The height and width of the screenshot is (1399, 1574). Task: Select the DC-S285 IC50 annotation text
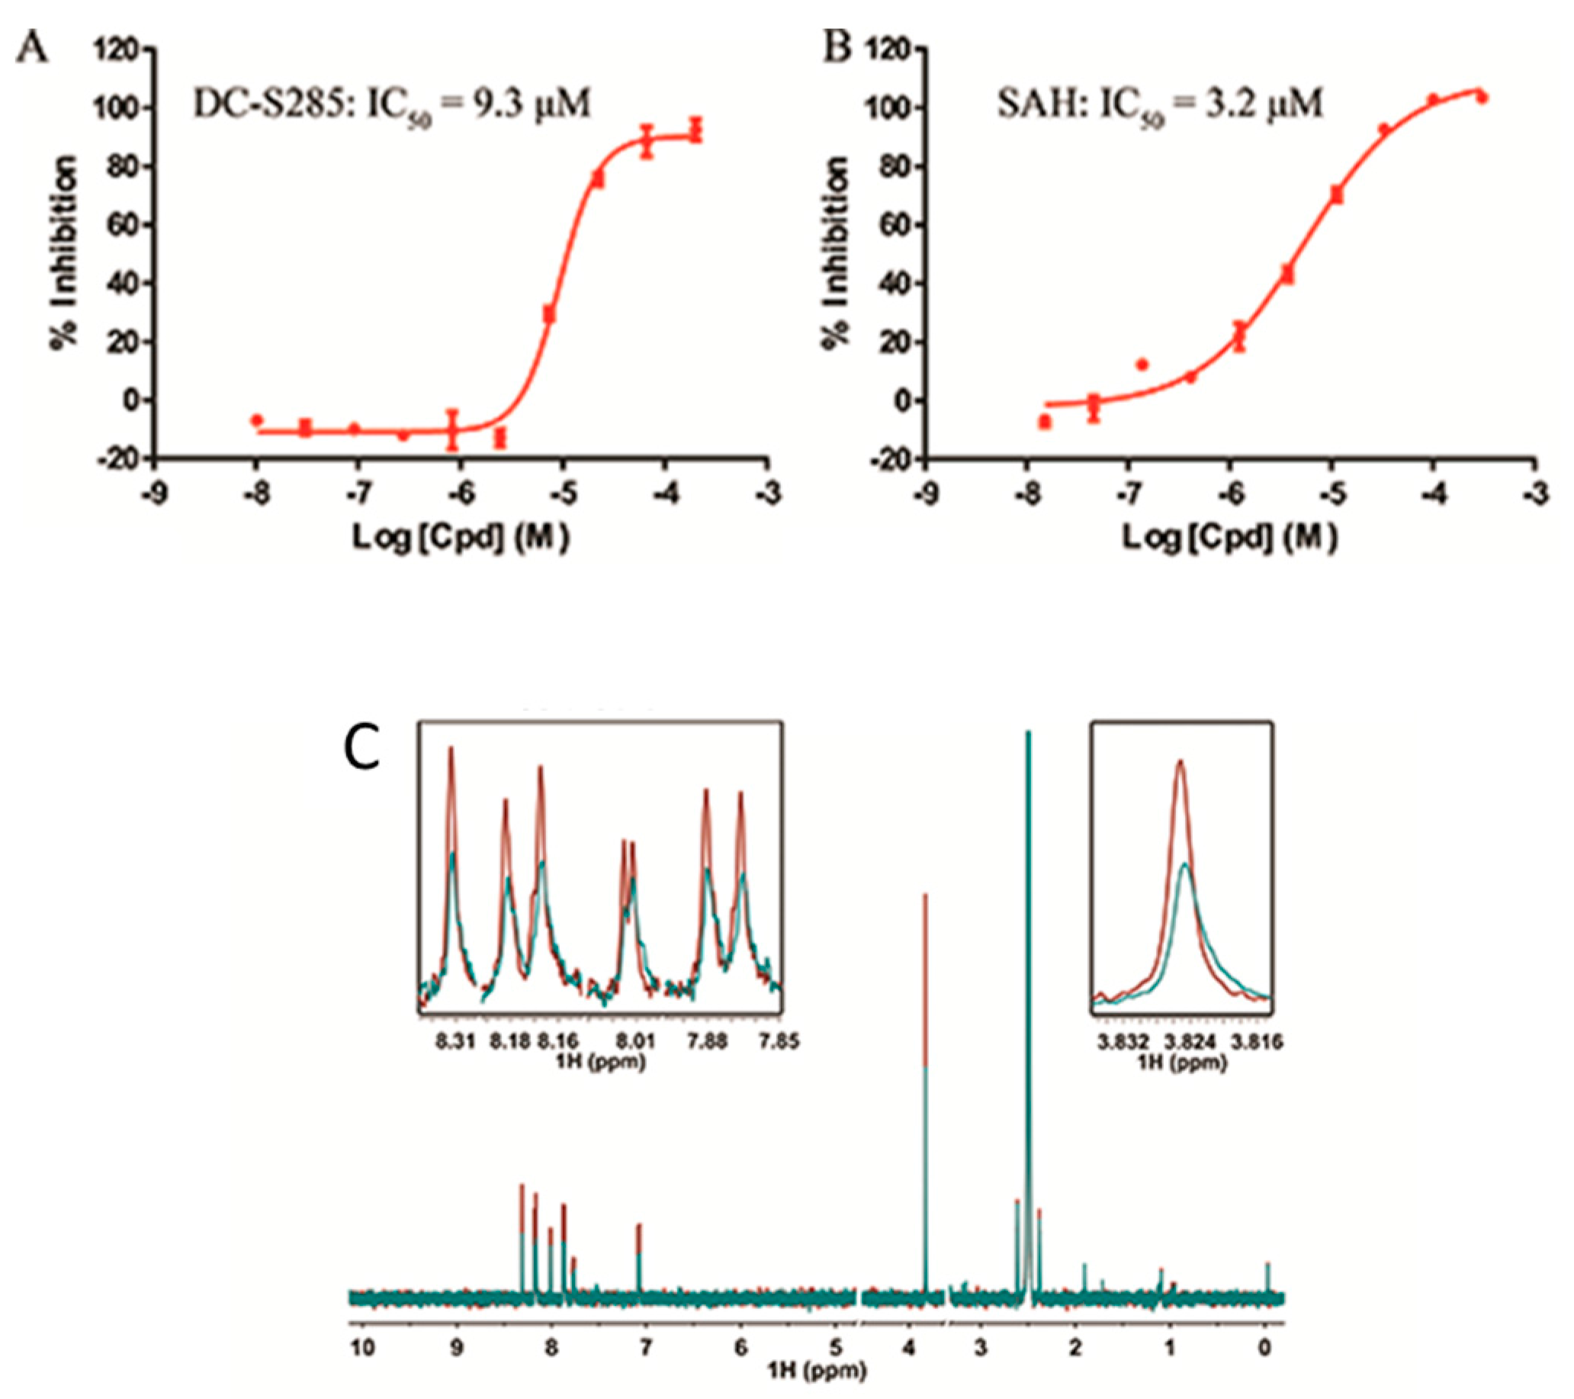click(x=392, y=104)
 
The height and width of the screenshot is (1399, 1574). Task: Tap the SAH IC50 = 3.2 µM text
click(x=1160, y=104)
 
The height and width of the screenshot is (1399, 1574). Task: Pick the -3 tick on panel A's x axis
click(x=767, y=494)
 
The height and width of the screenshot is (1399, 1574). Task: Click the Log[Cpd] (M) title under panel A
click(x=461, y=539)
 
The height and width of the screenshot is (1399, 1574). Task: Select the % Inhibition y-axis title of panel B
click(x=835, y=252)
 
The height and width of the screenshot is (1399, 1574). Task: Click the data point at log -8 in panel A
click(x=257, y=420)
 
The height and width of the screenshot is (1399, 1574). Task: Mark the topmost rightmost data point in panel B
click(x=1481, y=98)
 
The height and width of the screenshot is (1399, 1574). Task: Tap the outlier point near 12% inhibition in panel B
click(x=1142, y=365)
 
